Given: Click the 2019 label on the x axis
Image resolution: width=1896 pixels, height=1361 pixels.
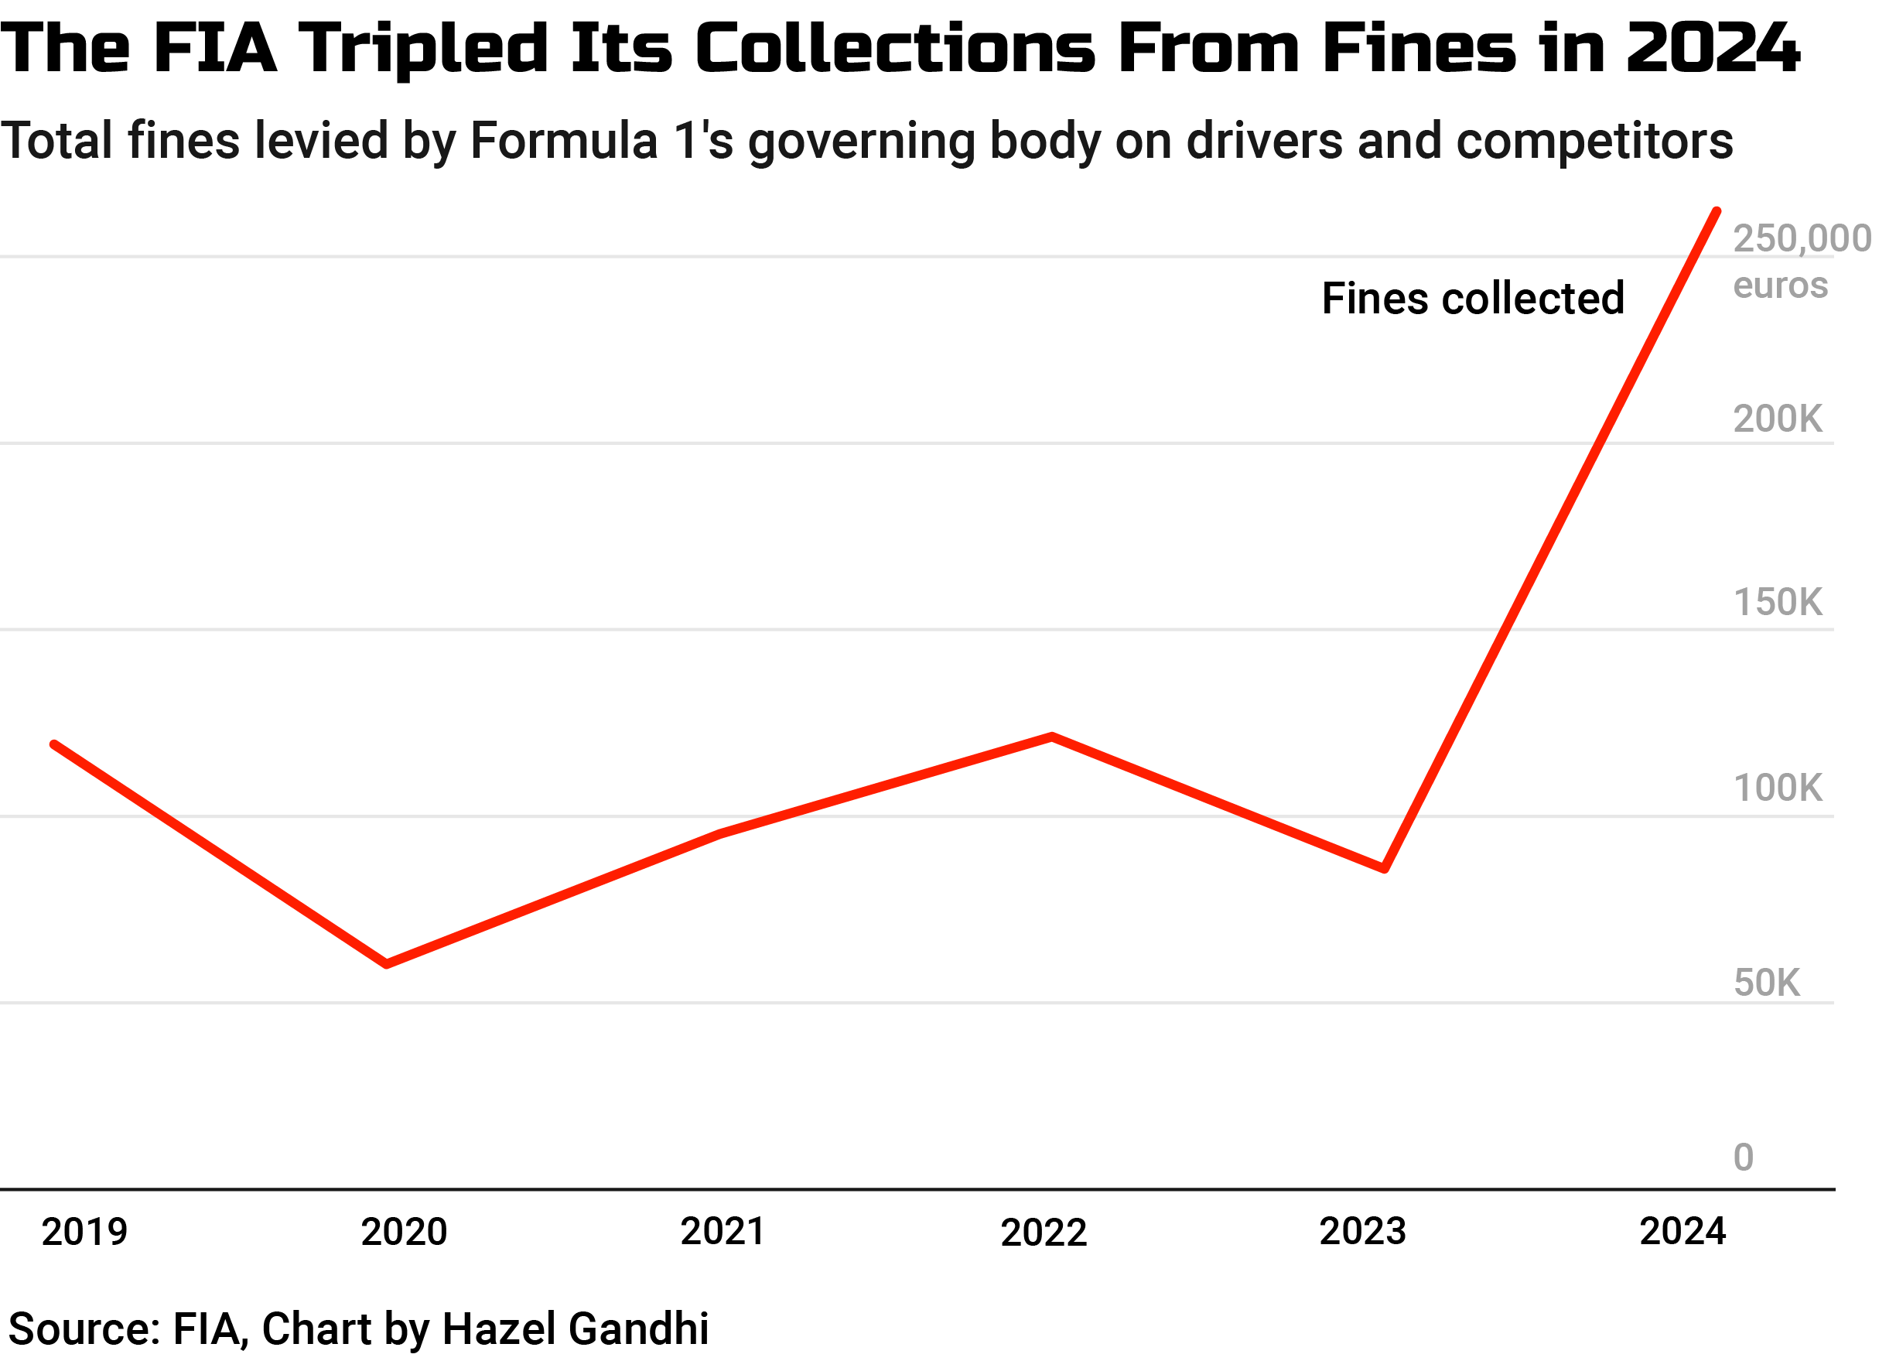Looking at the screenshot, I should pos(84,1233).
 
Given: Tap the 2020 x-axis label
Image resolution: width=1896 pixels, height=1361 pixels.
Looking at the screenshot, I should pos(404,1233).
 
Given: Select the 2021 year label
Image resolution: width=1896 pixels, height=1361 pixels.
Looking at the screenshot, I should pos(723,1232).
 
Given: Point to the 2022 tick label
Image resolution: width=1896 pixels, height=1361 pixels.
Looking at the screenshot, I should pos(1044,1233).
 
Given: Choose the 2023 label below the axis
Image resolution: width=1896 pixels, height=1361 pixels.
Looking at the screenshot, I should pos(1363,1232).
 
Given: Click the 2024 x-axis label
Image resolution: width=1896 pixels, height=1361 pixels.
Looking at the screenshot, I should pos(1682,1232).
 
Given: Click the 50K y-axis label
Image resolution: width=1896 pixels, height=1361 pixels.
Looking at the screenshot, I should pos(1766,983).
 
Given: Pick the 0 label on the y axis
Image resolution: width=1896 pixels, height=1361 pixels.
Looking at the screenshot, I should pos(1743,1158).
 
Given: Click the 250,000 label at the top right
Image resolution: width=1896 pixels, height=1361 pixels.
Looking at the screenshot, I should pos(1802,239).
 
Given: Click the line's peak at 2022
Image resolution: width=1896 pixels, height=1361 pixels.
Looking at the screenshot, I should pos(1052,737).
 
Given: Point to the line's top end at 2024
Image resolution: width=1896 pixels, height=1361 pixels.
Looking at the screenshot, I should pos(1717,211).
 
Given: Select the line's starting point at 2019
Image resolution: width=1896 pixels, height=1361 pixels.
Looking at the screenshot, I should pos(54,744).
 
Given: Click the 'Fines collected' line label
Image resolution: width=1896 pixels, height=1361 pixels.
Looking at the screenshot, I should pos(1472,299).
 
